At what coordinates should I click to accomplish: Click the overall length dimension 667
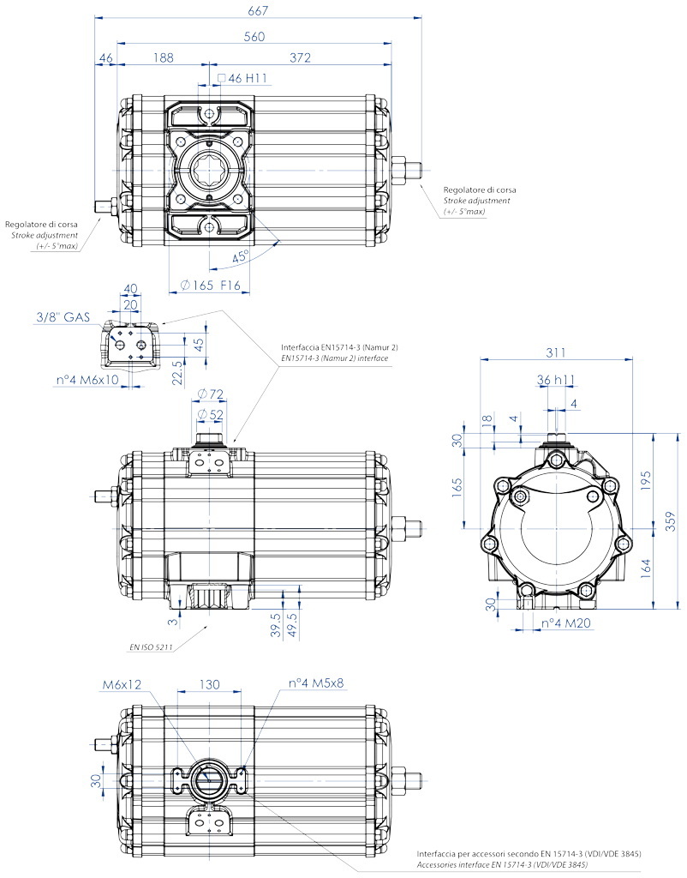tap(258, 10)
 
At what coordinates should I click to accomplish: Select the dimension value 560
tap(254, 37)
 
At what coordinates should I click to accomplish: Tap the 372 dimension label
tap(300, 57)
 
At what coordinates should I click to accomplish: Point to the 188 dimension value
tap(164, 57)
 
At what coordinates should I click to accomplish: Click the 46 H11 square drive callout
tap(242, 78)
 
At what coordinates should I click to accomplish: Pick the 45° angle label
tap(241, 257)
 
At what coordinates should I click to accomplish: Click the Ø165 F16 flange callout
tap(211, 285)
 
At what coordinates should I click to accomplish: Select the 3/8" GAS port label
tap(63, 317)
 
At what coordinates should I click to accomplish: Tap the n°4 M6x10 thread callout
tap(87, 380)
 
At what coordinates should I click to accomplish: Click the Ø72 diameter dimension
tap(211, 394)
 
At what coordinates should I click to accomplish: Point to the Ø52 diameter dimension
tap(211, 414)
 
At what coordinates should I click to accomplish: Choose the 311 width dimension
tap(556, 352)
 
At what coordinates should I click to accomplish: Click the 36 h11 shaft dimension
tap(556, 380)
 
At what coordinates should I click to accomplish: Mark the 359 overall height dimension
tap(672, 521)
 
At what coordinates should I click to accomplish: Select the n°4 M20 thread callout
tap(566, 623)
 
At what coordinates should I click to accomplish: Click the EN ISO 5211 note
tap(151, 647)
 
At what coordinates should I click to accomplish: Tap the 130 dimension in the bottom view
tap(209, 684)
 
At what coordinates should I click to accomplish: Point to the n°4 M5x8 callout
tap(316, 683)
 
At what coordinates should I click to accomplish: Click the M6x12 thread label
tap(122, 684)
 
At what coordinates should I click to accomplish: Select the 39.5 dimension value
tap(275, 625)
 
